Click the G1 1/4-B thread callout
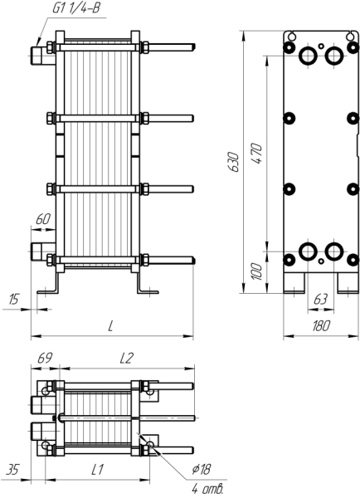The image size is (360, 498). [x=76, y=8]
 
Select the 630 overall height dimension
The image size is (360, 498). [x=234, y=162]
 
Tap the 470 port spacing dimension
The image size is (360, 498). [x=257, y=154]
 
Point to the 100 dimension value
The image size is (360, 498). [x=257, y=271]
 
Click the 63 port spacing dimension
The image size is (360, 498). [x=320, y=299]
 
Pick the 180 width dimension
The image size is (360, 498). [x=321, y=326]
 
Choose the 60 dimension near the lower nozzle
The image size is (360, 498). [x=43, y=219]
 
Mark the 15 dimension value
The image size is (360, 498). [x=13, y=299]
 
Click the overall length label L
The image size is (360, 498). [x=110, y=326]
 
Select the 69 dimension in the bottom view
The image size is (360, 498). [x=45, y=359]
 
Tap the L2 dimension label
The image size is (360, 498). [x=126, y=359]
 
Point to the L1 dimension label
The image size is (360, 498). [x=97, y=470]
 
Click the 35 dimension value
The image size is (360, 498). [x=12, y=470]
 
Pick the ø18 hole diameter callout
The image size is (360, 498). [x=201, y=469]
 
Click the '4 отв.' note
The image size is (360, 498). [x=208, y=490]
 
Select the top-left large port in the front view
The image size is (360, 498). [x=308, y=56]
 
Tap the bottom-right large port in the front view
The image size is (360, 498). [x=334, y=251]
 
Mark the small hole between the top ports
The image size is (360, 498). [x=321, y=46]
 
